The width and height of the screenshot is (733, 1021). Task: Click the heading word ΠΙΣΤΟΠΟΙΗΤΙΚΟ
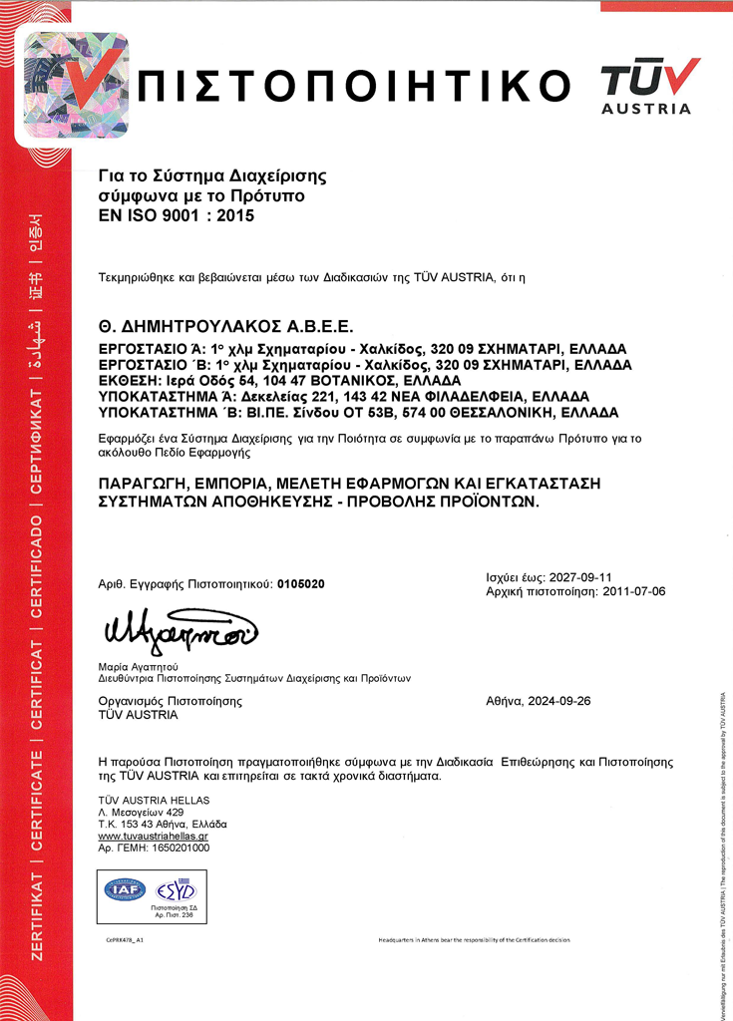[356, 85]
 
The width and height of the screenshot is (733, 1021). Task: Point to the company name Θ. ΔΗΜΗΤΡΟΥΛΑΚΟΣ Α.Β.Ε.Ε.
[226, 326]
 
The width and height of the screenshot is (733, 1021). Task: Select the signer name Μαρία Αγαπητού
[138, 665]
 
